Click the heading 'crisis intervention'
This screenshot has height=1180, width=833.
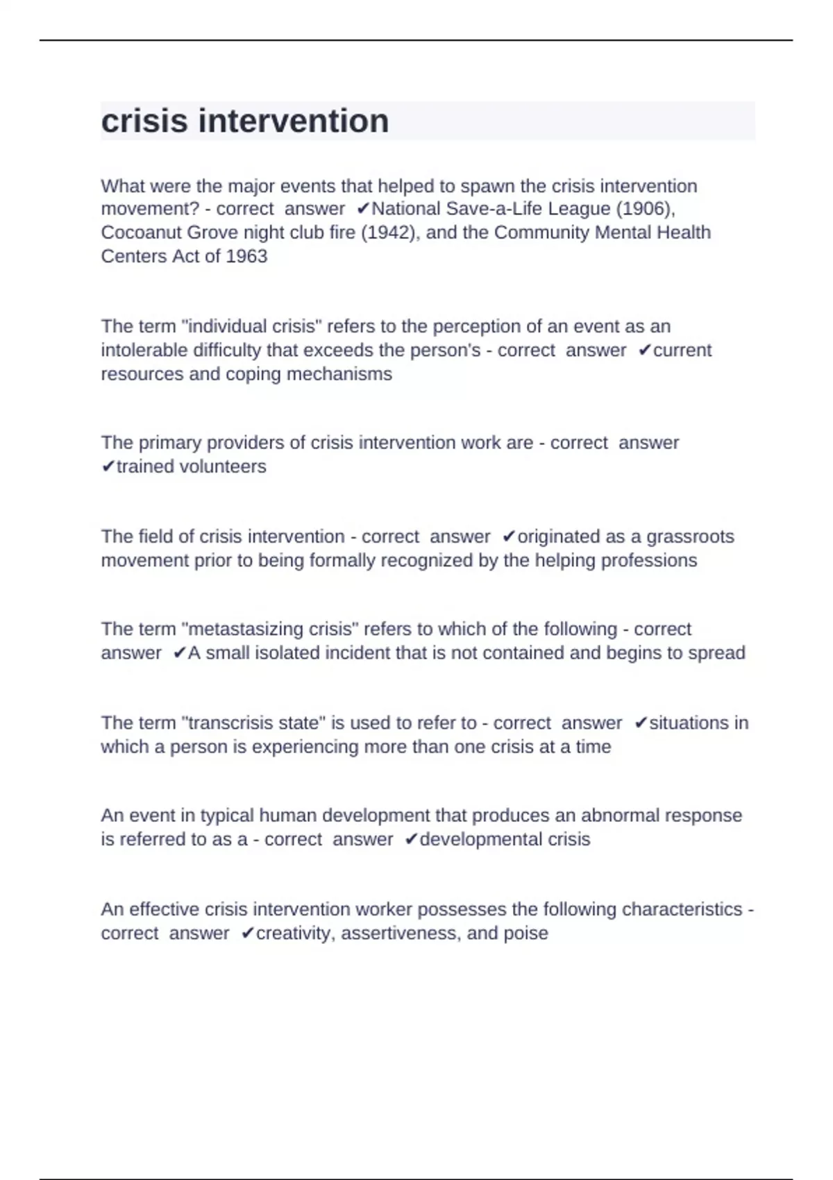point(244,121)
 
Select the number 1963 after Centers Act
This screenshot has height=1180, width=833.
point(246,256)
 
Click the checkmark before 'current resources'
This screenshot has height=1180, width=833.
point(644,351)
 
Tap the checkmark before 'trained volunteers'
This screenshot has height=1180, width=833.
point(108,466)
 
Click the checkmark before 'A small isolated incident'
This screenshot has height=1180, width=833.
point(179,653)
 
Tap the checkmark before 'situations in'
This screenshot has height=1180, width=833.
point(641,723)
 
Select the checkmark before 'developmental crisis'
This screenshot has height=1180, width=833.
point(411,840)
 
